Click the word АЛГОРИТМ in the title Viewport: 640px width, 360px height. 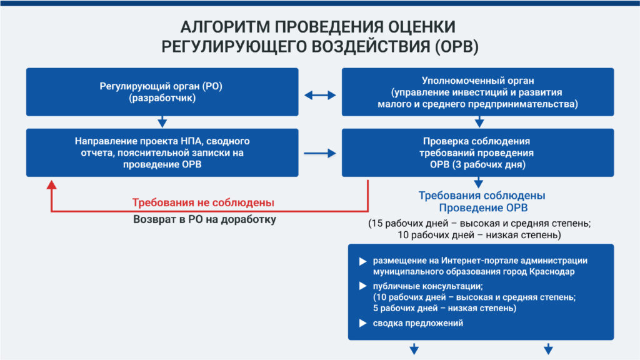[225, 27]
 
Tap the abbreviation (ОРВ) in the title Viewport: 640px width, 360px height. [456, 46]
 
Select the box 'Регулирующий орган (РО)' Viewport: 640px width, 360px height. [162, 92]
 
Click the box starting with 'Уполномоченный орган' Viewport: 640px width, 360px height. [477, 92]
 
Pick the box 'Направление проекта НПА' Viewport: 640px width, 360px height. [162, 152]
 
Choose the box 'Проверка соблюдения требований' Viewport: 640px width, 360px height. [477, 152]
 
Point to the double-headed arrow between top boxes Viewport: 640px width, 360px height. [320, 95]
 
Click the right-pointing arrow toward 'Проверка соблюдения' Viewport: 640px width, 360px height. [320, 154]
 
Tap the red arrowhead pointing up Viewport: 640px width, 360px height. [51, 185]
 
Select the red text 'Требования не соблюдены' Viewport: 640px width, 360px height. [203, 202]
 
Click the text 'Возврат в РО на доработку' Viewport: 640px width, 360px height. [204, 219]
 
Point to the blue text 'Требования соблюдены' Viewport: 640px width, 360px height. [482, 196]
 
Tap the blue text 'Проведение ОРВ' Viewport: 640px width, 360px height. [483, 207]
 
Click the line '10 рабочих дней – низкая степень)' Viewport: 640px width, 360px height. [479, 235]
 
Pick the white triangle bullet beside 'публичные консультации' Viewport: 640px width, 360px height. [362, 286]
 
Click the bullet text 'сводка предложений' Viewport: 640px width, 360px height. [418, 323]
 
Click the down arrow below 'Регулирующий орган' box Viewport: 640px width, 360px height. [162, 122]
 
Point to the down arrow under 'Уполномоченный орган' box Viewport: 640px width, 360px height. [479, 122]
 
